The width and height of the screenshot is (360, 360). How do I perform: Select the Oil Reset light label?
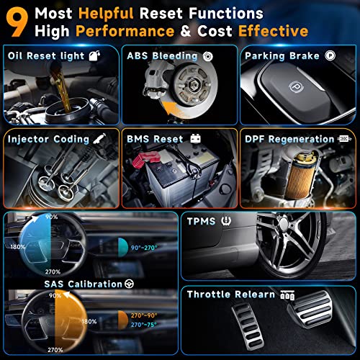42,55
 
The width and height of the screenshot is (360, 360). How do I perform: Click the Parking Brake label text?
284,55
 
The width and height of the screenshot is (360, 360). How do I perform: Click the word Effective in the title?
269,31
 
